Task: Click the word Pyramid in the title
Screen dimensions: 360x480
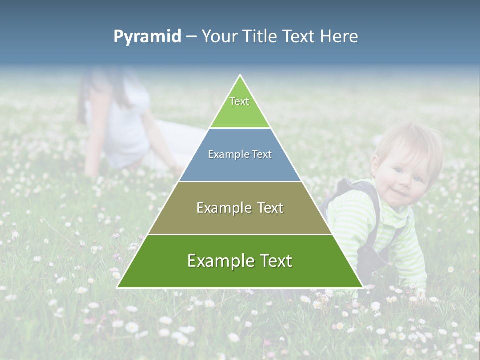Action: coord(147,37)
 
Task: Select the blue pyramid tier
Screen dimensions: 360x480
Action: coord(240,165)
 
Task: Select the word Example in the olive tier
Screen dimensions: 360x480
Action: coord(218,208)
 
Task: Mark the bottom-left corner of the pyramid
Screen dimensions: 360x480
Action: coord(117,287)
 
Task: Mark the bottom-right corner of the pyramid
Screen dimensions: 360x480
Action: coord(362,287)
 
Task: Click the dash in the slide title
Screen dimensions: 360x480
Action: coord(191,37)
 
